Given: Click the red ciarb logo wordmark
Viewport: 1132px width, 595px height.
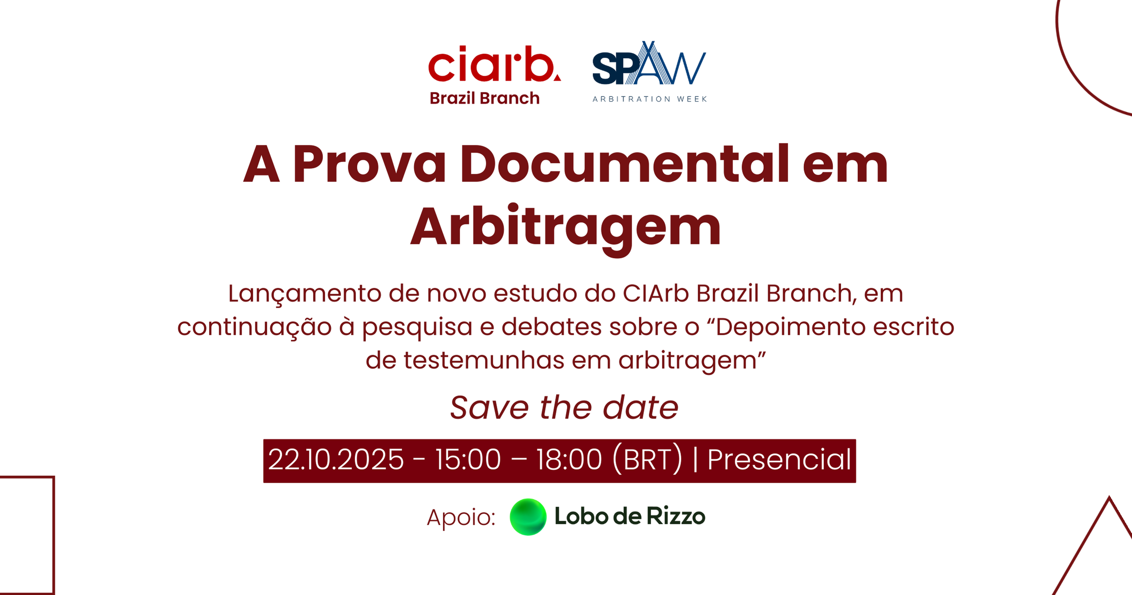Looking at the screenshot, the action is click(x=494, y=64).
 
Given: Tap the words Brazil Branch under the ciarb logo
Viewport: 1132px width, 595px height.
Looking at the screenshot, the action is click(x=484, y=98).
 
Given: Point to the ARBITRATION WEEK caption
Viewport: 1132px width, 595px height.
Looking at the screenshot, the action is click(x=650, y=99).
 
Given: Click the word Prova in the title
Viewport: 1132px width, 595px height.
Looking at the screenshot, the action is click(x=369, y=163).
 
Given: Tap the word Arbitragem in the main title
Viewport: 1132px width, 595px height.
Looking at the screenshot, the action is click(x=566, y=227).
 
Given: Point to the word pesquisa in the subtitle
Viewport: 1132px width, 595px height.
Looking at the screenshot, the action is click(x=417, y=328).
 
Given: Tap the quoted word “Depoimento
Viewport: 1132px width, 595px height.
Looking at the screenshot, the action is click(x=791, y=328).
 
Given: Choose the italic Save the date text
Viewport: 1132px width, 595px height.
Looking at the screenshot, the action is click(x=564, y=408).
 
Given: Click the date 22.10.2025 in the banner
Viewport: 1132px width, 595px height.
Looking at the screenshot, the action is click(x=336, y=460).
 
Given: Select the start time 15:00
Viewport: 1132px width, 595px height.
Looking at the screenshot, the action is click(x=468, y=460).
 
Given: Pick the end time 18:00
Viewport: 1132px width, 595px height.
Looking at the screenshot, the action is click(x=569, y=460).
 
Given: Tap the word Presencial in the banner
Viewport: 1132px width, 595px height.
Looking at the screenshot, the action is click(x=779, y=460).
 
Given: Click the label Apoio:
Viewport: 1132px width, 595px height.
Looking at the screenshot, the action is click(x=461, y=517).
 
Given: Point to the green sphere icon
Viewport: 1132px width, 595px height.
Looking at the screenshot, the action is click(x=528, y=517).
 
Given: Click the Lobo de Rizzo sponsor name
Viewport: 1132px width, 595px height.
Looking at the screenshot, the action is click(x=630, y=516).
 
